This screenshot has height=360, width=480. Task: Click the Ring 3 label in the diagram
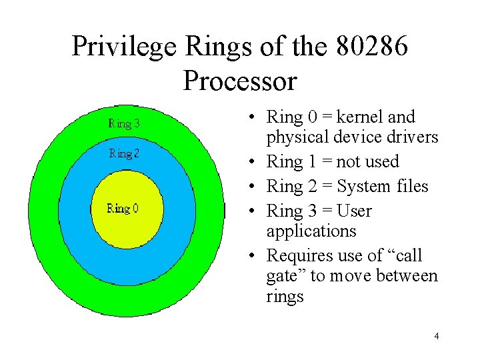tap(124, 123)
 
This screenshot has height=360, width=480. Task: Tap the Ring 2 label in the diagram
tap(124, 154)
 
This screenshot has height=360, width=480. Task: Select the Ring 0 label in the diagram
tap(123, 209)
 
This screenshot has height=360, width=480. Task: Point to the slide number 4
tap(436, 336)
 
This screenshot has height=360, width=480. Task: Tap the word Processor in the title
tap(239, 81)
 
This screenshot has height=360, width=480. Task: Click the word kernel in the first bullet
tap(361, 117)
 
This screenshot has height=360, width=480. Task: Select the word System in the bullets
tap(364, 187)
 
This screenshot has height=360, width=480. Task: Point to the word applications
tap(311, 232)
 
